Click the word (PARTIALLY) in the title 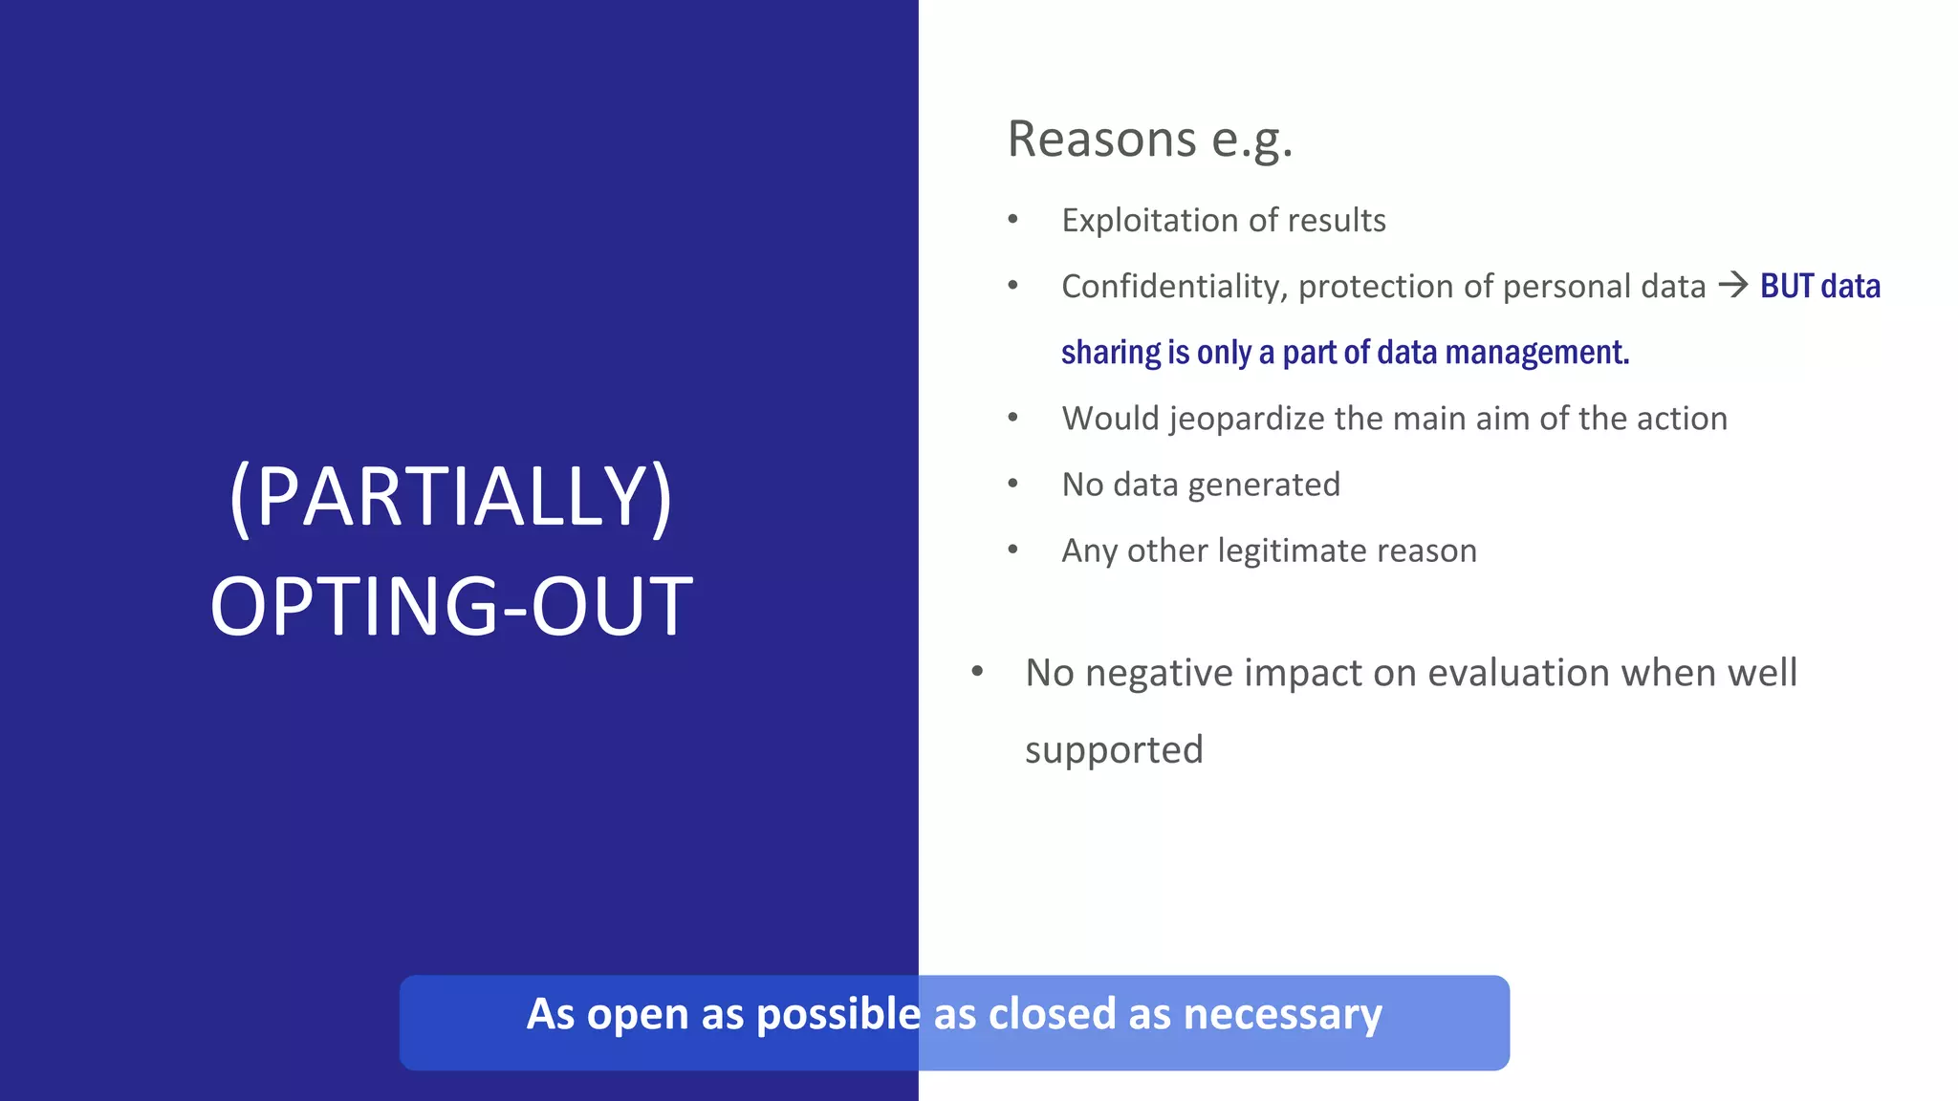coord(451,498)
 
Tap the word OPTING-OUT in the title coord(451,607)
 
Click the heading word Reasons coord(1101,140)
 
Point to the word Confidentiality coord(1174,287)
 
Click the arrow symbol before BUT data coord(1732,285)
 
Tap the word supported coord(1114,750)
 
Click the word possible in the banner coord(838,1015)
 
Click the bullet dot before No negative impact coord(977,672)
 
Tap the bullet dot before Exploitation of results coord(1012,220)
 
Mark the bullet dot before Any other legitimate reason coord(1012,550)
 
